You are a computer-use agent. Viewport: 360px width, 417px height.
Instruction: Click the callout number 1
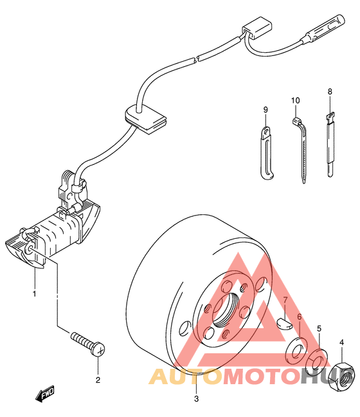pos(34,294)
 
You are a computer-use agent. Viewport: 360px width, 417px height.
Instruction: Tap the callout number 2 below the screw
pos(98,380)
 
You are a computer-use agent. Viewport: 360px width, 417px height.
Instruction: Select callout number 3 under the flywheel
pos(196,398)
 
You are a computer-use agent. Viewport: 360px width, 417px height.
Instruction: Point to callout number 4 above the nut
pos(342,342)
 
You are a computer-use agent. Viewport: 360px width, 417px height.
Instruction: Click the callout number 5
pos(319,328)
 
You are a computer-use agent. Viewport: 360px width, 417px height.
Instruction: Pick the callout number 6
pos(300,317)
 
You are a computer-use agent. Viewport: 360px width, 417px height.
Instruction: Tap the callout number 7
pos(285,301)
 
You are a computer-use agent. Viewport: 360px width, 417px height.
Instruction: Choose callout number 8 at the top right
pos(330,91)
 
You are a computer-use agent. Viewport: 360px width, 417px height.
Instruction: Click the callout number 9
pos(265,109)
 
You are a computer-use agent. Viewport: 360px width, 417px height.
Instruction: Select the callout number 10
pos(295,100)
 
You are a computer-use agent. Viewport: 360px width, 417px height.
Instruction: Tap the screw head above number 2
pos(98,349)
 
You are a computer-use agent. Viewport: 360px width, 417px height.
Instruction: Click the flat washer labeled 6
pos(297,351)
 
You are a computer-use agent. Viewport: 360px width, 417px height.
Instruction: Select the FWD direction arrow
pos(45,394)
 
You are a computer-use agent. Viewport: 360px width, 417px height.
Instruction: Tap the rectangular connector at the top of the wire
pos(257,28)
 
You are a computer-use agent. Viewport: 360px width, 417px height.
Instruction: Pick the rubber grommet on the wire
pos(145,118)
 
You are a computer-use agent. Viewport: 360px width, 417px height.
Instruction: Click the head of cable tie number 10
pos(297,121)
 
